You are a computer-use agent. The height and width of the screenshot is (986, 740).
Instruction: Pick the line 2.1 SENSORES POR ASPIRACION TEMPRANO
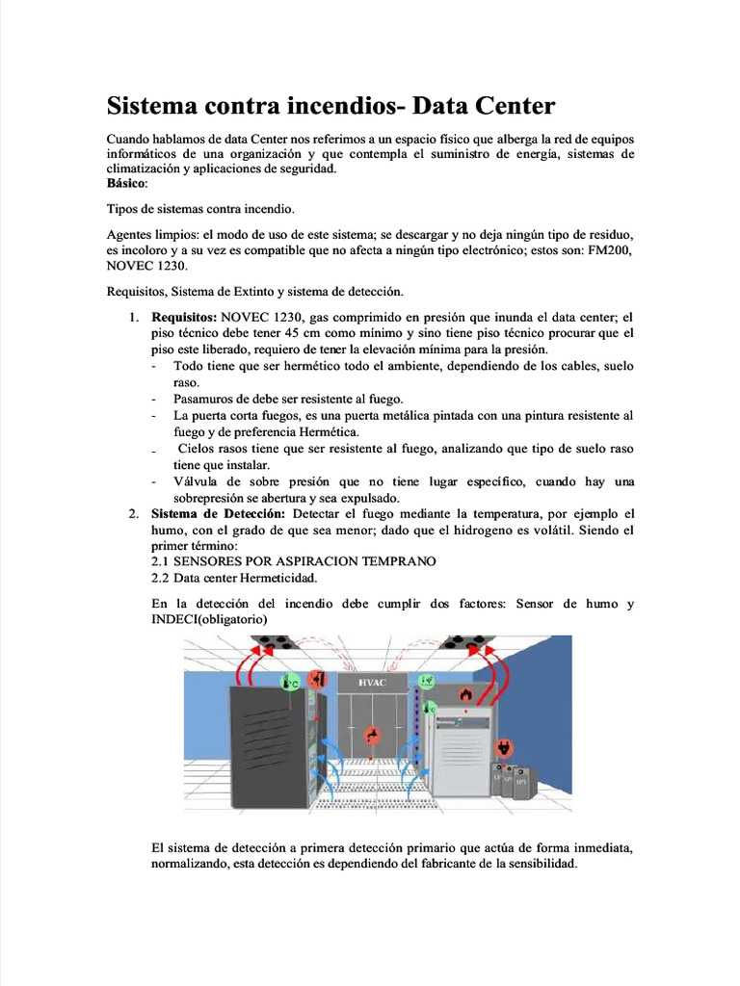coord(294,560)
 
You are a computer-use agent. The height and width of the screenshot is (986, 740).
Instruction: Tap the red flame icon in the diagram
coord(465,692)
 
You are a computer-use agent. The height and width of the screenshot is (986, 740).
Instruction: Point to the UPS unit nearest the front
coord(520,781)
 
